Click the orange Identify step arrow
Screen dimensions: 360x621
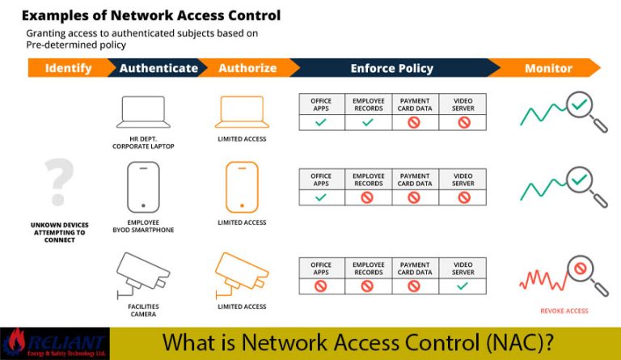[68, 69]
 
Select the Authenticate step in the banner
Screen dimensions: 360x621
[158, 69]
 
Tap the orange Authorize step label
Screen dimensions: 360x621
[247, 69]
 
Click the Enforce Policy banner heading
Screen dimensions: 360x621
[391, 69]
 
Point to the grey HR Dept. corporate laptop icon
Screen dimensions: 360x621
[142, 112]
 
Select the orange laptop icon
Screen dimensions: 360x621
[242, 112]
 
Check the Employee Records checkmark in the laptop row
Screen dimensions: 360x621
[368, 122]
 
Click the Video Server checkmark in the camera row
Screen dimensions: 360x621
[463, 286]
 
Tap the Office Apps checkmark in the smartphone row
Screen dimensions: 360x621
[321, 197]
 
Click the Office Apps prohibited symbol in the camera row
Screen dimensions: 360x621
[321, 286]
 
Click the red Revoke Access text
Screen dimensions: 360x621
[564, 311]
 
